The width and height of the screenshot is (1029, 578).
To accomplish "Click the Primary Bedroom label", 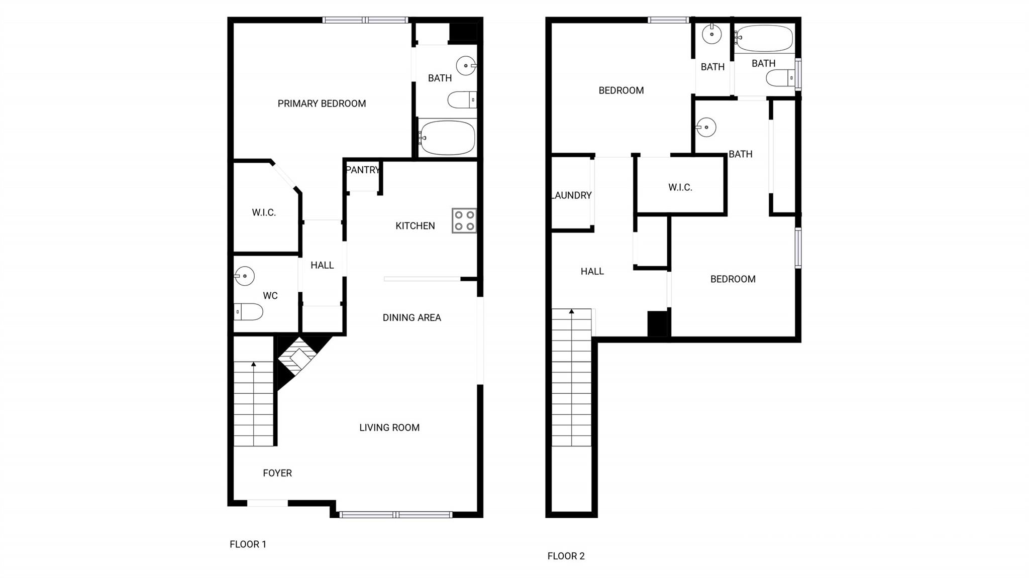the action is (322, 103).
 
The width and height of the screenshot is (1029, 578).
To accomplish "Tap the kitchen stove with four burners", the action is (464, 220).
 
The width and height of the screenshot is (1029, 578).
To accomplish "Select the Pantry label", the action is (363, 170).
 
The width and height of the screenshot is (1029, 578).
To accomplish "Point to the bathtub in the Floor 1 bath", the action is (447, 138).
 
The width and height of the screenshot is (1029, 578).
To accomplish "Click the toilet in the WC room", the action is (248, 312).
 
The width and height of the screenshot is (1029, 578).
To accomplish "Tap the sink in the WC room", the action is (245, 276).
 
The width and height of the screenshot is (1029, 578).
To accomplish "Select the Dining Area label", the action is (412, 317).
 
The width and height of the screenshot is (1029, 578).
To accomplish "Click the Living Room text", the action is (389, 427).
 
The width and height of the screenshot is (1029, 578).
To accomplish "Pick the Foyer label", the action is (277, 473).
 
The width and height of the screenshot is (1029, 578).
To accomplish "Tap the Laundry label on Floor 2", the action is (572, 195).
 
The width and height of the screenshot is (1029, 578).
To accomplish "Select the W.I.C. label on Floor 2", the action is (680, 187).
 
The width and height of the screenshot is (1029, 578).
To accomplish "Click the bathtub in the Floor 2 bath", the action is (764, 38).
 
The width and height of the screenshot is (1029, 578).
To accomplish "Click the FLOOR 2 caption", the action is (566, 556).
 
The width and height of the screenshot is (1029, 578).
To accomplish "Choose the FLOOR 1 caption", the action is (248, 544).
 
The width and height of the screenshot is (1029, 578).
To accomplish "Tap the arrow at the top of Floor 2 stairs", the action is (572, 311).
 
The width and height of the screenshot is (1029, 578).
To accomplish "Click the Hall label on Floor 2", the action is (592, 272).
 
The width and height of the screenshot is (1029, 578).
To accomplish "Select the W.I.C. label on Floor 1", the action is (264, 212).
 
